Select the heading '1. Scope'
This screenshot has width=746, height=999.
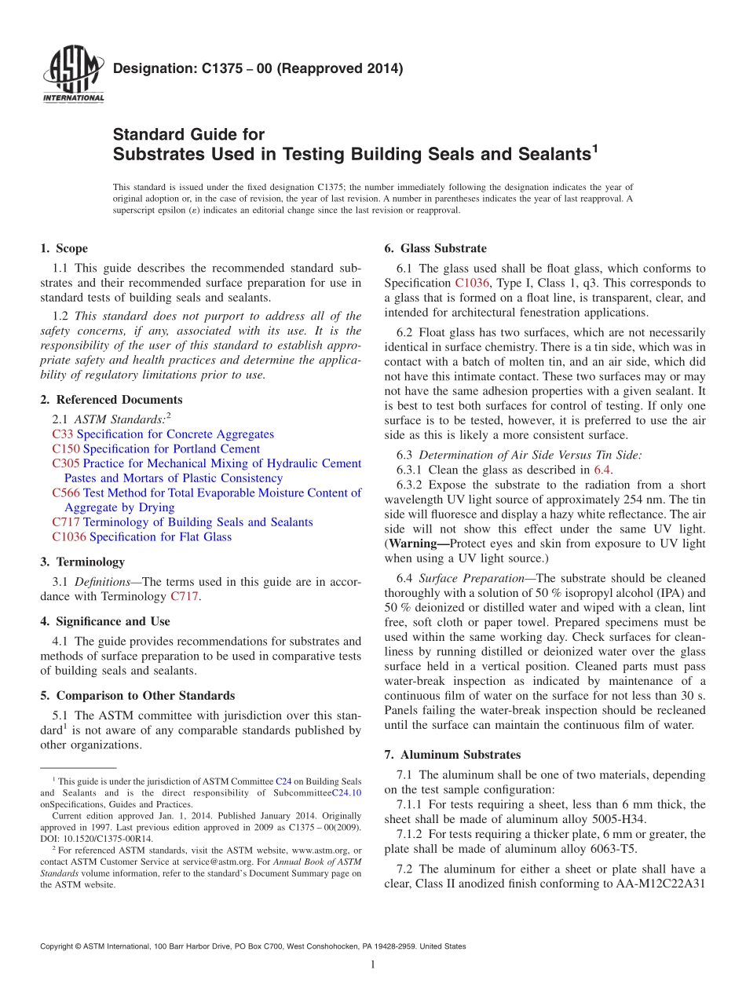(x=64, y=249)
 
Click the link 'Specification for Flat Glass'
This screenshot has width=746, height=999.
(x=160, y=537)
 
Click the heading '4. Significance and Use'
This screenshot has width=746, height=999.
(x=104, y=621)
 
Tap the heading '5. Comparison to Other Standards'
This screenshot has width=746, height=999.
(x=137, y=696)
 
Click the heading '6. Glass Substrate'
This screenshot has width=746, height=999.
(x=435, y=249)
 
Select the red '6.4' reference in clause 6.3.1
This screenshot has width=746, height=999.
(x=602, y=470)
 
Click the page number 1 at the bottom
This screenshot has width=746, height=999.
(x=373, y=964)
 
